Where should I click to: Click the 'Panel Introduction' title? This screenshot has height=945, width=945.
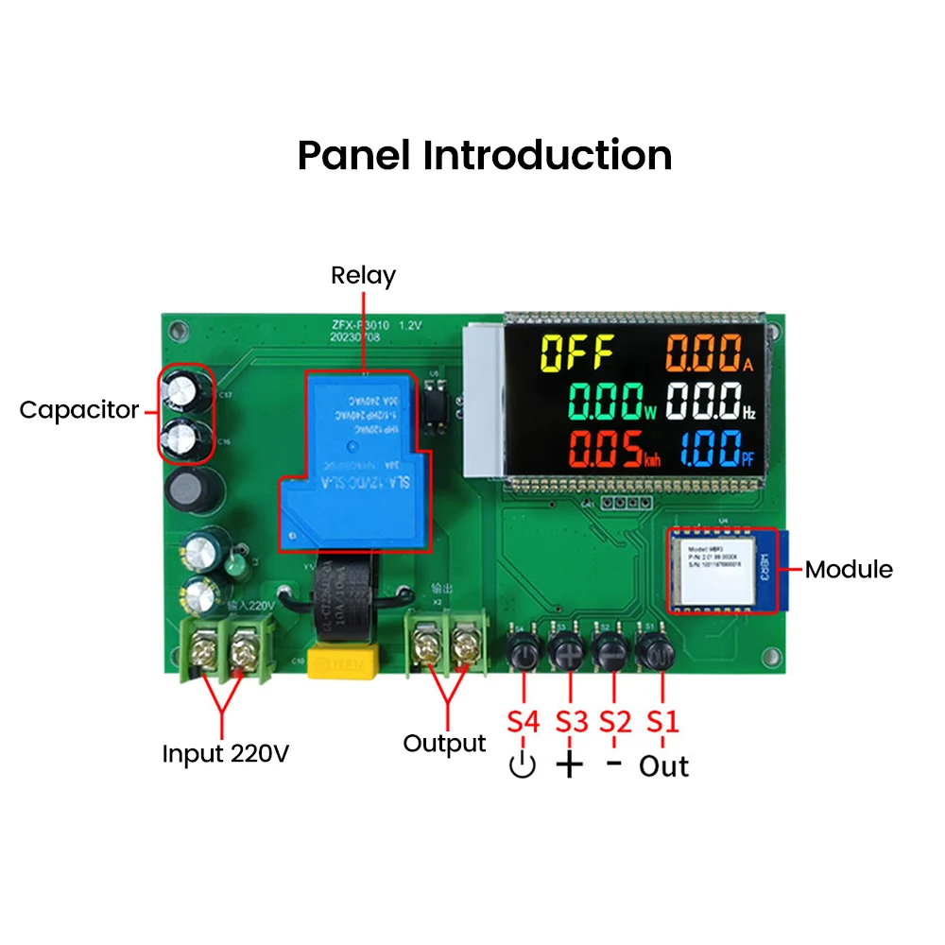485,154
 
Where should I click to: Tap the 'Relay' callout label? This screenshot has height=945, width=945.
363,275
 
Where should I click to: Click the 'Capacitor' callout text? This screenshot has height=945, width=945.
79,410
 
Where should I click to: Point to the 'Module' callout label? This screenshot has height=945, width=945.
848,569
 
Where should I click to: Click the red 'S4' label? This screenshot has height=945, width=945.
523,721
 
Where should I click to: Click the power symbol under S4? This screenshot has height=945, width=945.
522,765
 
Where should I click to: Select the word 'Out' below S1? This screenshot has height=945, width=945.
663,765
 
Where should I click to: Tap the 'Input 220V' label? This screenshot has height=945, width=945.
225,754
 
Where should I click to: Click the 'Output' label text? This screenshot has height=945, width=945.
444,744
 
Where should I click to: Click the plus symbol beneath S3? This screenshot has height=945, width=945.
569,765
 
